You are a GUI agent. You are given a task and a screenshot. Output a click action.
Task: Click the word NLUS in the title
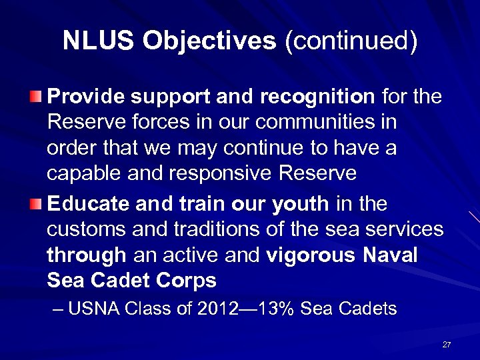99,41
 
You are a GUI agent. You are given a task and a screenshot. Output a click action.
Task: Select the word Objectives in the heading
209,41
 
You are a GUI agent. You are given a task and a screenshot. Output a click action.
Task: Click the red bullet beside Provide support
36,97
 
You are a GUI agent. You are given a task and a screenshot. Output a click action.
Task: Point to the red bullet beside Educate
36,203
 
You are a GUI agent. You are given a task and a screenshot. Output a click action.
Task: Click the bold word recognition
317,97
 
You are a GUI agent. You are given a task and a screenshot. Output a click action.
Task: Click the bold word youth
300,203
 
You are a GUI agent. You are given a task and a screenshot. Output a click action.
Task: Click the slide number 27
447,345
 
